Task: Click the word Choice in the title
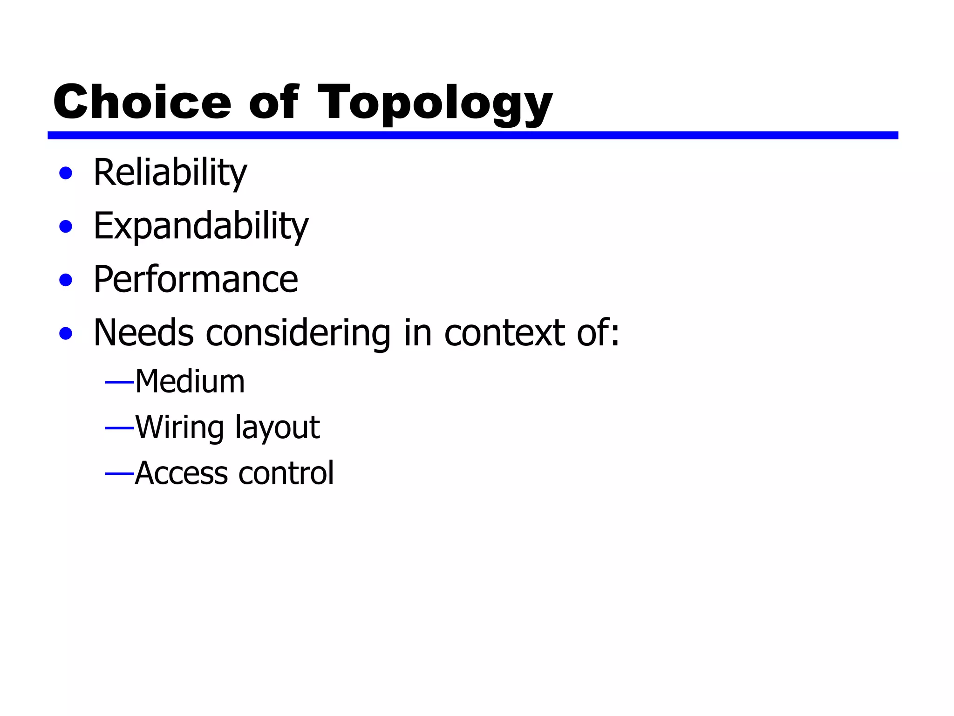[x=142, y=102]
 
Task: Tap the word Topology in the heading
[x=435, y=103]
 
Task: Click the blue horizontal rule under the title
[x=472, y=135]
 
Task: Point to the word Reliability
[x=170, y=173]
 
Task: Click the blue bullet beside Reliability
[x=66, y=173]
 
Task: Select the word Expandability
[x=201, y=226]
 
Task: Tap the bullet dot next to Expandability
[x=66, y=227]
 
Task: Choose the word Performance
[x=196, y=280]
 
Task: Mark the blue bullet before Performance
[x=66, y=280]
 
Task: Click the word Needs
[x=143, y=333]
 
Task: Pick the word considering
[x=298, y=334]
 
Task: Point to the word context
[x=505, y=333]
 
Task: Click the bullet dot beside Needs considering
[x=66, y=334]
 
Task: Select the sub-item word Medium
[x=190, y=382]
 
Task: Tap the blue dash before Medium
[x=119, y=383]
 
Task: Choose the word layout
[x=277, y=428]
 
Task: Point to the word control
[x=286, y=473]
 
